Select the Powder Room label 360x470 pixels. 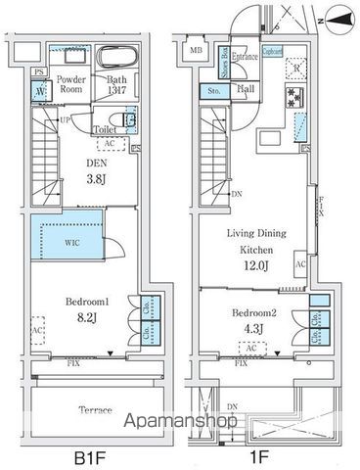click(71, 83)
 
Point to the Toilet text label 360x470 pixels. click(106, 128)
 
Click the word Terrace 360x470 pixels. click(94, 410)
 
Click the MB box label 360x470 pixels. click(197, 50)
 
